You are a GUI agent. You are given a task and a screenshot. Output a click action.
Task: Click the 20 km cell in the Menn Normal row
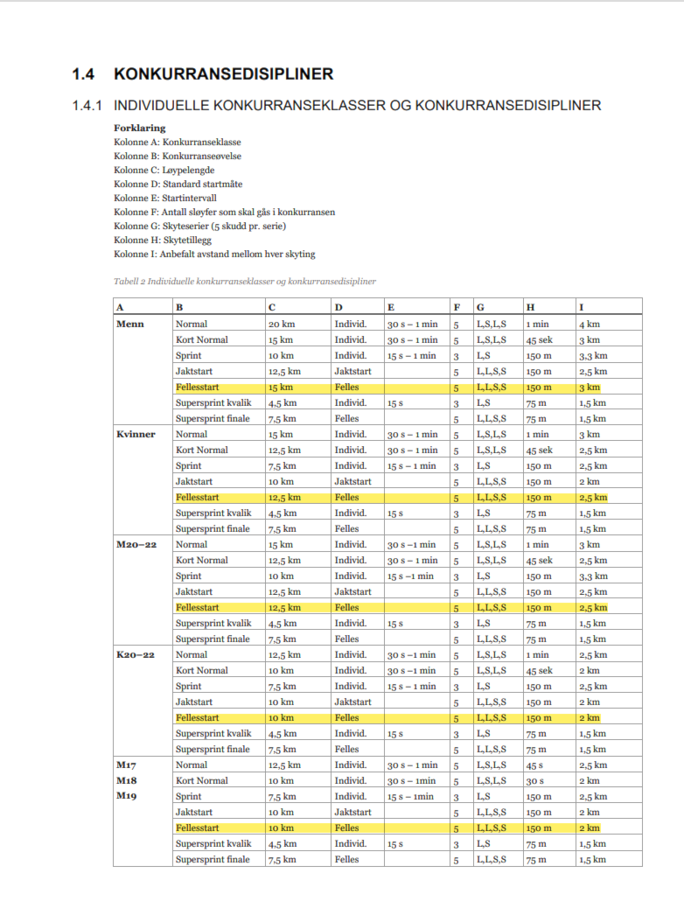(281, 325)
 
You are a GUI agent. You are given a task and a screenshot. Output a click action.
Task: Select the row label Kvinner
(136, 435)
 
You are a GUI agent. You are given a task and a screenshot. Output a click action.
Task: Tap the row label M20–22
(136, 545)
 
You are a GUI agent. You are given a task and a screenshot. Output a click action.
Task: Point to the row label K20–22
(136, 655)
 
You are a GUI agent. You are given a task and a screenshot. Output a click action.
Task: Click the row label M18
(127, 781)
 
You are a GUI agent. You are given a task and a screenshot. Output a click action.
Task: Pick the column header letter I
(582, 307)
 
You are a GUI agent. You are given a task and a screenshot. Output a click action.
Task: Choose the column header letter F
(456, 307)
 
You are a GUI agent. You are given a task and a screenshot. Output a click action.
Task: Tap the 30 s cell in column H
(534, 781)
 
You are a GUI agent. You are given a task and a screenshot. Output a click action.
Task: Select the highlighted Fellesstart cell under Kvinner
(196, 498)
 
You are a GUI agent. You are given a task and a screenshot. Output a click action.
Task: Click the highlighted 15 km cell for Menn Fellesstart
(281, 388)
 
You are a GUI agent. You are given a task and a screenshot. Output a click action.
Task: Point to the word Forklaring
(140, 128)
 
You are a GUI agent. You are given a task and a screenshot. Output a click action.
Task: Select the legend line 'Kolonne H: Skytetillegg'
(163, 240)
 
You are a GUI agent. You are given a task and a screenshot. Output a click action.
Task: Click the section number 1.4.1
(87, 106)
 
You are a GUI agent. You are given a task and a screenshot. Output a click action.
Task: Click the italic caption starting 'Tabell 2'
(245, 282)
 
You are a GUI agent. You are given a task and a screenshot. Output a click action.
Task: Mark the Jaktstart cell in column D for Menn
(352, 372)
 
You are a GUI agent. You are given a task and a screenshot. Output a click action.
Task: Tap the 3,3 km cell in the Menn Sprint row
(592, 356)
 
